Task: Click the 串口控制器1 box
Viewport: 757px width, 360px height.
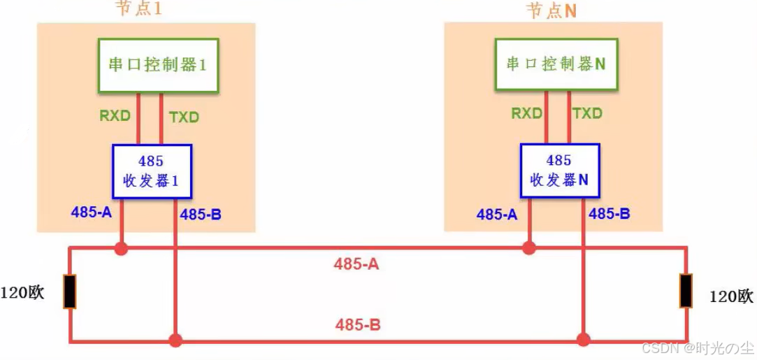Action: click(x=158, y=64)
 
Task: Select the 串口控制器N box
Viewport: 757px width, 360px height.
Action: click(x=556, y=64)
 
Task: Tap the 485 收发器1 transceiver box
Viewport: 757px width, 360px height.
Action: click(x=152, y=171)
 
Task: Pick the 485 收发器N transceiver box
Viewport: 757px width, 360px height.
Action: click(x=559, y=171)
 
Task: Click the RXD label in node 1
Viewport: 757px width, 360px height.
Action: click(x=115, y=115)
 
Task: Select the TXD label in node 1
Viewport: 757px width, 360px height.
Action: click(x=184, y=117)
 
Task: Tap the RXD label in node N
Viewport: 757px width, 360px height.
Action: click(x=527, y=113)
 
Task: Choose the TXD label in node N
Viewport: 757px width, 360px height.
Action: click(x=587, y=113)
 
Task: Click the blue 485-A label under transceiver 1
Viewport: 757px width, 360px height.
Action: click(x=91, y=213)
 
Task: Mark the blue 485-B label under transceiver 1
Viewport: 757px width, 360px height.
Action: click(x=201, y=215)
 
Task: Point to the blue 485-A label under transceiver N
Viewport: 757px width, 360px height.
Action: click(x=497, y=215)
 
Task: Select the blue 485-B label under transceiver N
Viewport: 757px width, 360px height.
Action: click(x=610, y=214)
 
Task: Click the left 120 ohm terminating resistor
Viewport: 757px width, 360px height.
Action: click(x=70, y=291)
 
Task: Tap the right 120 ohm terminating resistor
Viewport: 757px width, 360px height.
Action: click(x=686, y=291)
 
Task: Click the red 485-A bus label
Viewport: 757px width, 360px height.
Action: click(x=356, y=264)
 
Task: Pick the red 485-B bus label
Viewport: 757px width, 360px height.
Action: click(x=358, y=324)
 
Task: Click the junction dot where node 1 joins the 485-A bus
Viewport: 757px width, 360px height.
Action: click(x=122, y=248)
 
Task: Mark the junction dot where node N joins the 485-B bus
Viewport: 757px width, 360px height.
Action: click(x=582, y=340)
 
